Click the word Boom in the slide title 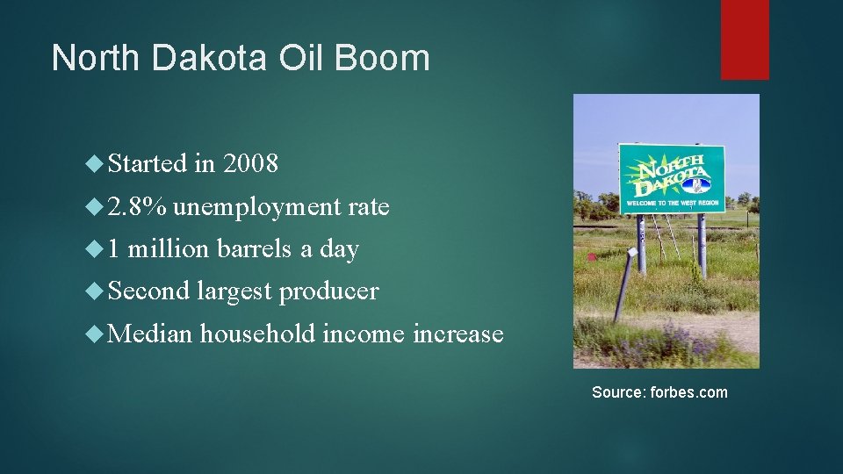click(383, 59)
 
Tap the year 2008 click(250, 163)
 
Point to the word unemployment click(257, 208)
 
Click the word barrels click(255, 249)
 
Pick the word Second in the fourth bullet click(148, 291)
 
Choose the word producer click(328, 291)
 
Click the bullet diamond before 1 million click(95, 249)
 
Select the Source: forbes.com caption click(659, 392)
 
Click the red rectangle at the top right click(745, 39)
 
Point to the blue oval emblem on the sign click(697, 184)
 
